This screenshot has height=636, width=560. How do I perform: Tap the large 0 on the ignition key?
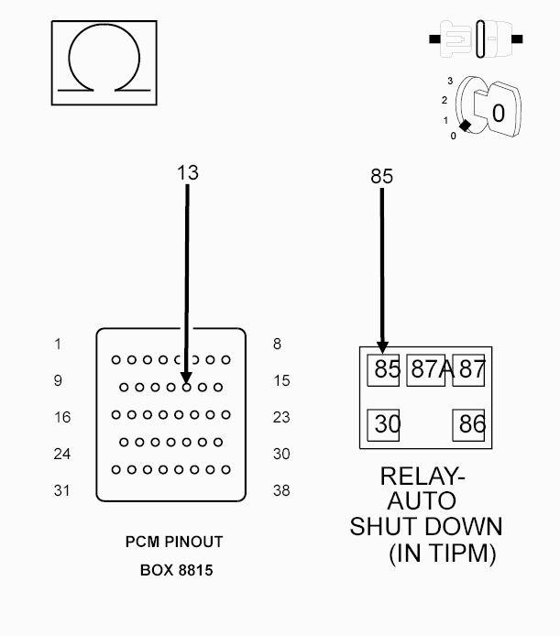pyautogui.click(x=499, y=113)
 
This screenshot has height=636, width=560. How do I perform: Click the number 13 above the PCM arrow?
pyautogui.click(x=188, y=173)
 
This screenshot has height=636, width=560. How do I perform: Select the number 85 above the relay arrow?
pyautogui.click(x=381, y=177)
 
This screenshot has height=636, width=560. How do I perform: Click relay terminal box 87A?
pyautogui.click(x=425, y=370)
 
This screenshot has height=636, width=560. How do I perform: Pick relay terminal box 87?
pyautogui.click(x=468, y=370)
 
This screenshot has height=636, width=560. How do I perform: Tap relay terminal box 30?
pyautogui.click(x=383, y=425)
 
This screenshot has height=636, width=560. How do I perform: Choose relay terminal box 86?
pyautogui.click(x=468, y=425)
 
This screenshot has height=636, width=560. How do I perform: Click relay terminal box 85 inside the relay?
pyautogui.click(x=383, y=370)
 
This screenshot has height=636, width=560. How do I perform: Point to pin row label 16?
pyautogui.click(x=62, y=417)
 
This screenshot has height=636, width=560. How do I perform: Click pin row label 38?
pyautogui.click(x=281, y=491)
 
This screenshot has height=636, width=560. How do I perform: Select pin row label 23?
pyautogui.click(x=281, y=417)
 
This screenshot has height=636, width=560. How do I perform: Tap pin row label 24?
pyautogui.click(x=62, y=454)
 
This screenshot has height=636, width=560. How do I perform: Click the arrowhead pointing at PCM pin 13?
pyautogui.click(x=186, y=378)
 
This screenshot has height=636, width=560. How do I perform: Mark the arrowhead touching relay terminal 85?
pyautogui.click(x=382, y=347)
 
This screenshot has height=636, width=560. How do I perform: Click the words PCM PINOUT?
pyautogui.click(x=174, y=542)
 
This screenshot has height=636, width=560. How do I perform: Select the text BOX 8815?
pyautogui.click(x=177, y=570)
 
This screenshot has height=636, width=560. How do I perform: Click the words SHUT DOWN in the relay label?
pyautogui.click(x=426, y=526)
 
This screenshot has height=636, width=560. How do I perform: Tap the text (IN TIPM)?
pyautogui.click(x=443, y=553)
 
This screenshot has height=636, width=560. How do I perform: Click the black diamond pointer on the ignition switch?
pyautogui.click(x=465, y=126)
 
